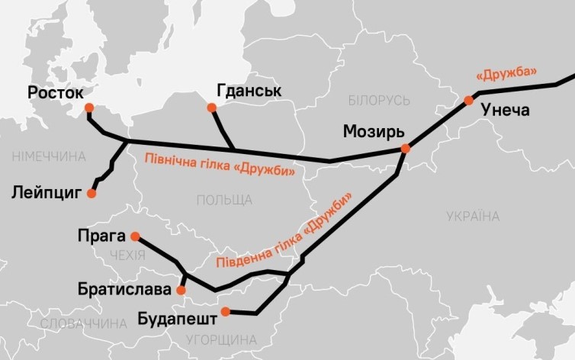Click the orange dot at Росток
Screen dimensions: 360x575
click(89, 108)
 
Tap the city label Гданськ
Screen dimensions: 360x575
click(249, 91)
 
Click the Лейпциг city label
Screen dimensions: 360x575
click(47, 192)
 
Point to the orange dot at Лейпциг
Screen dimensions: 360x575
click(92, 194)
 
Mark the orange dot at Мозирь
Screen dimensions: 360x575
click(406, 149)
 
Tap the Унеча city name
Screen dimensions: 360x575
click(505, 111)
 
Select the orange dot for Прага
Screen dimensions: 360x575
click(135, 236)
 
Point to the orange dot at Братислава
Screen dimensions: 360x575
click(181, 291)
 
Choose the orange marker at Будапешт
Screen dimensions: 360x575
click(225, 310)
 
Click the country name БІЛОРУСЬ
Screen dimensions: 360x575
click(378, 101)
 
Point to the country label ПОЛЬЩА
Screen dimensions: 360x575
click(224, 200)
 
